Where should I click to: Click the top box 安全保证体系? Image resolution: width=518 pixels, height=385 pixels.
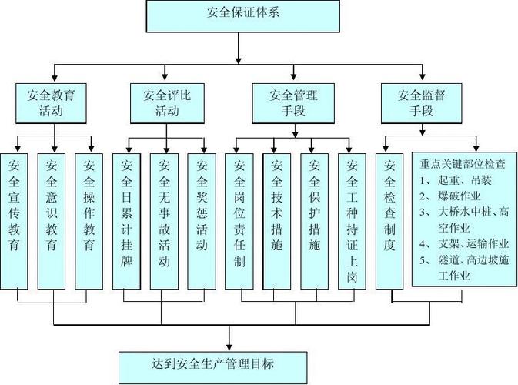click(239, 12)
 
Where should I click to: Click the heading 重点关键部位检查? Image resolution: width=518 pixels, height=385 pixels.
click(463, 163)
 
